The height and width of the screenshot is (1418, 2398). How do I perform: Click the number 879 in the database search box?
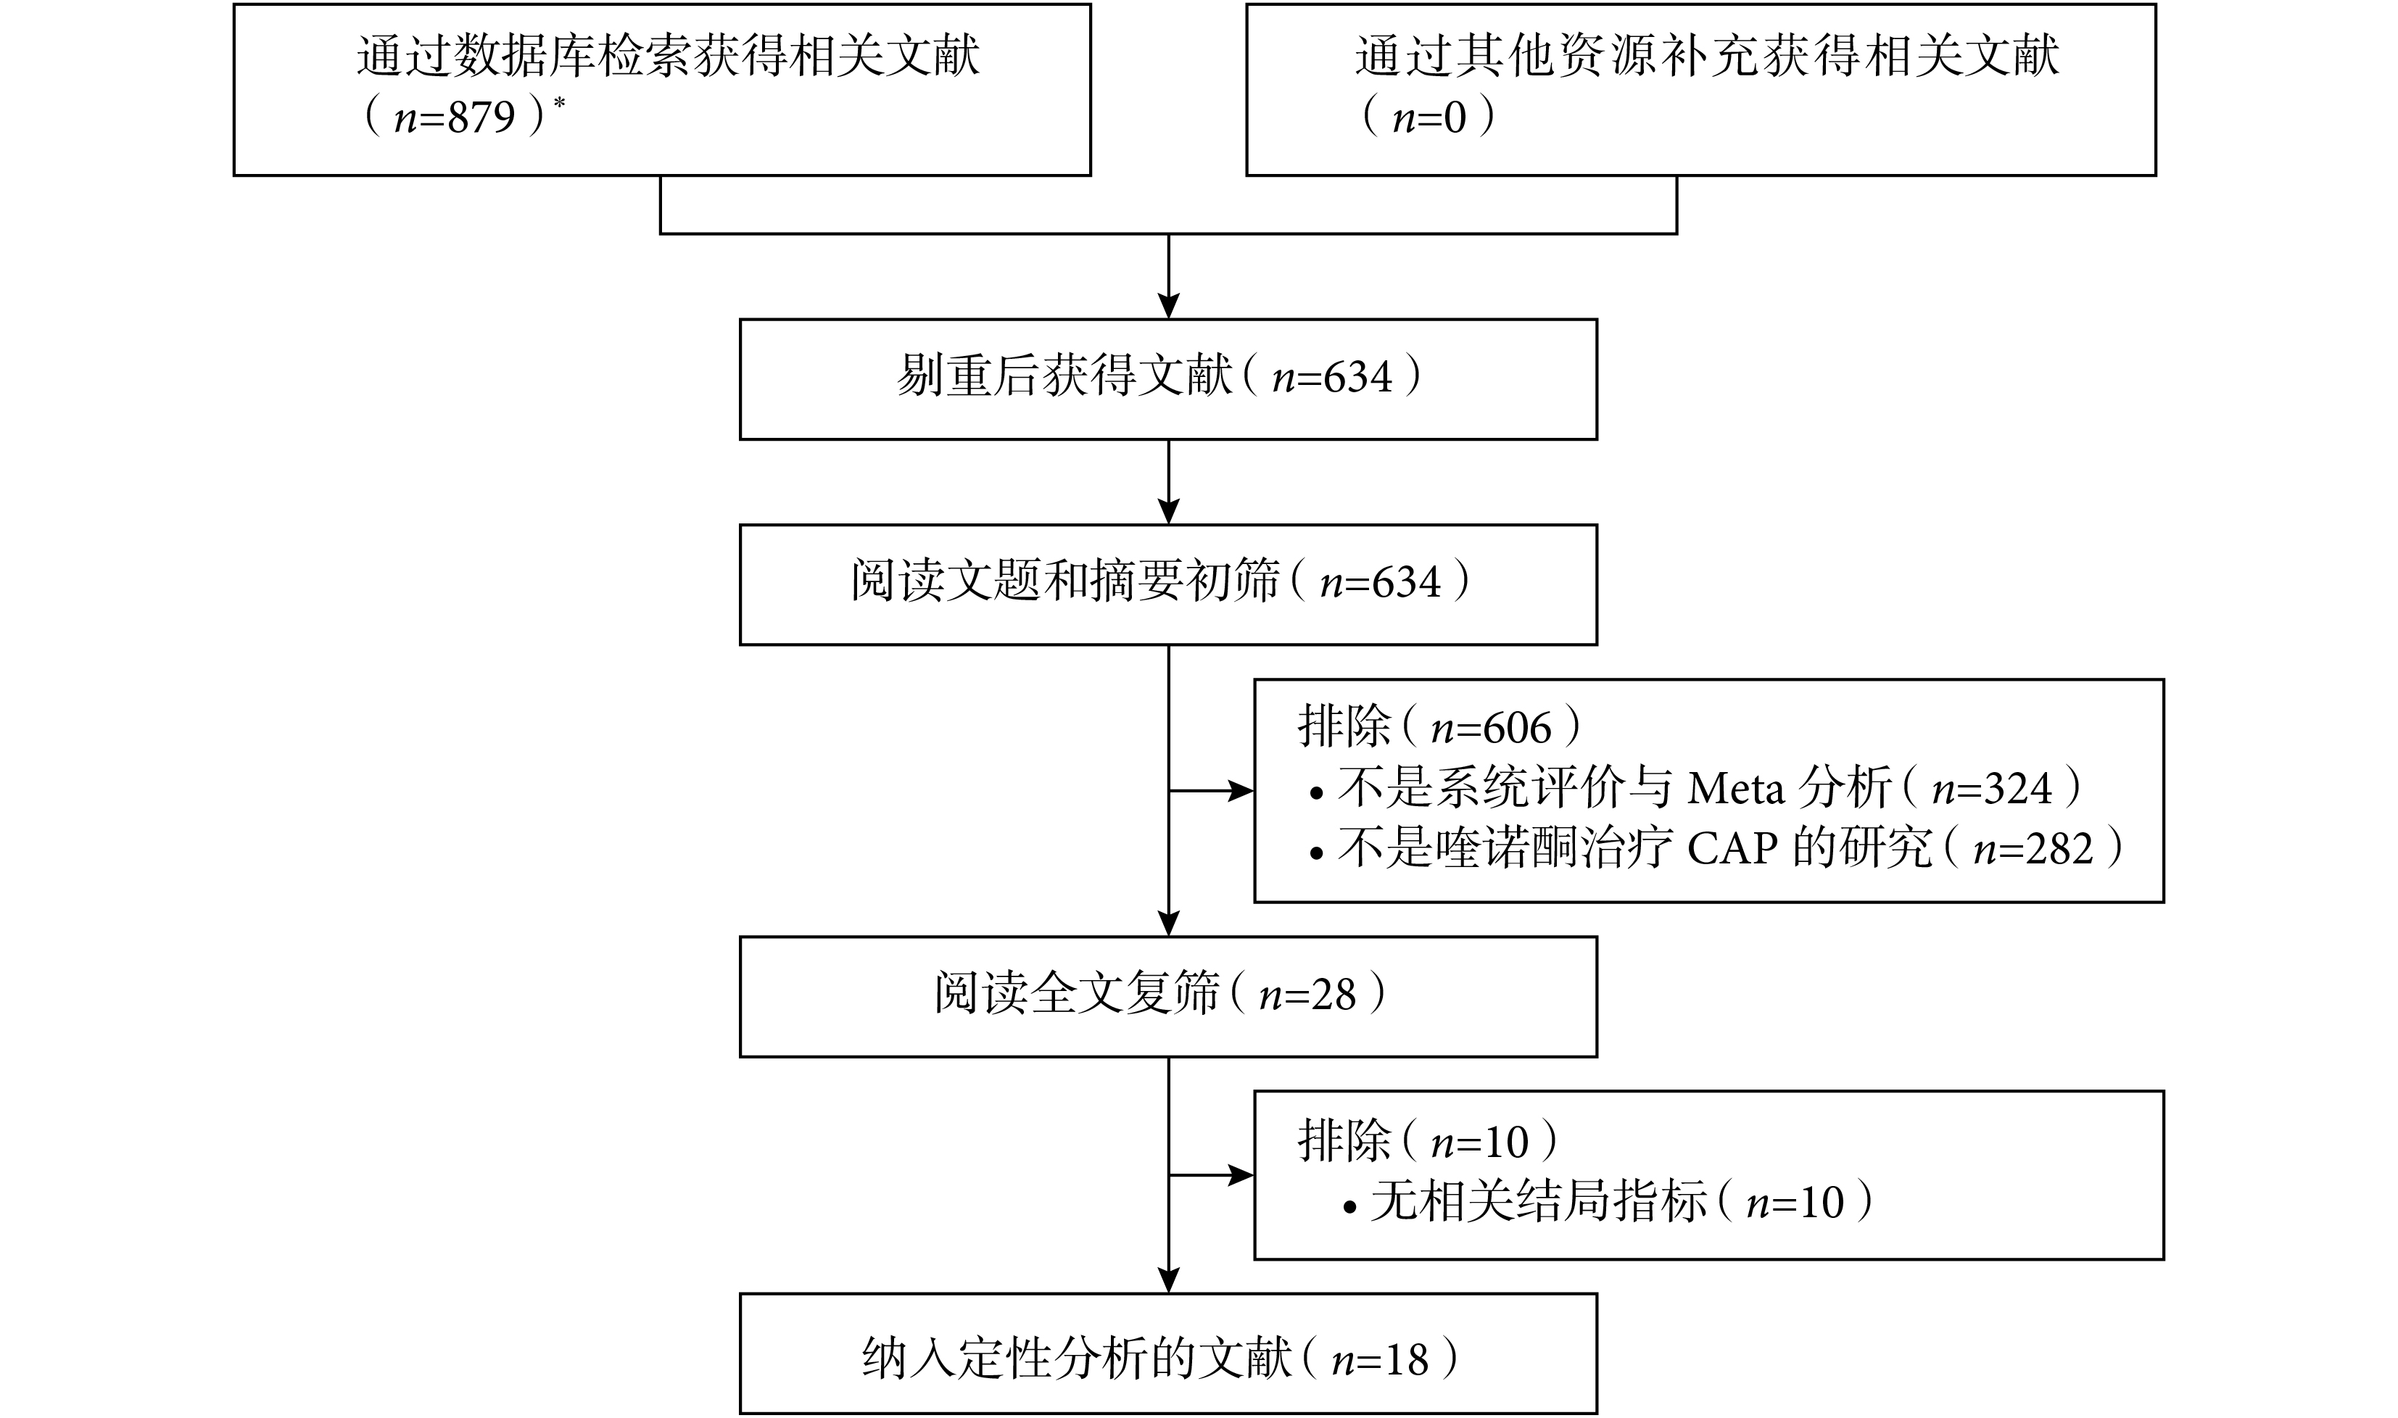tap(483, 117)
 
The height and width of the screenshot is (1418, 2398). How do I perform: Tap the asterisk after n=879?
tap(559, 102)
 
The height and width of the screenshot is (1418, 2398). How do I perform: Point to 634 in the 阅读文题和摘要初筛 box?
tap(1406, 583)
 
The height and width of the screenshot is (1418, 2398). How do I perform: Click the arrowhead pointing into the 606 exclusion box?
tap(1241, 791)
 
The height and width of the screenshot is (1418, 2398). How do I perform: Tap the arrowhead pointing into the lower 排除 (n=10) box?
tap(1241, 1175)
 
